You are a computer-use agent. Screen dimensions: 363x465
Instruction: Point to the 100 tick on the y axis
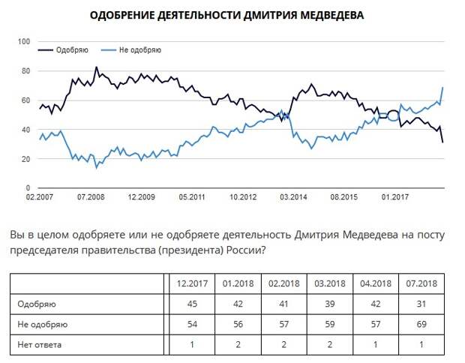(x=23, y=41)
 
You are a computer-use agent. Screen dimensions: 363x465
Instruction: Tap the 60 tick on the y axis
(x=25, y=100)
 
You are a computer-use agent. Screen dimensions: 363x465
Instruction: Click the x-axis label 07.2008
(x=90, y=197)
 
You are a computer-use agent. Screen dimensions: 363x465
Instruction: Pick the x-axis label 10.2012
(x=242, y=197)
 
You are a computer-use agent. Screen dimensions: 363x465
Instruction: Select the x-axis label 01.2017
(x=394, y=197)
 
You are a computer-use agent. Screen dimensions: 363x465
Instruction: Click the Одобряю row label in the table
(x=38, y=304)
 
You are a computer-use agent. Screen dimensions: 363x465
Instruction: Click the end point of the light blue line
(x=443, y=88)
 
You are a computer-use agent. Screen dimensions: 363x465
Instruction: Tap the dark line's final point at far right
(x=443, y=142)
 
